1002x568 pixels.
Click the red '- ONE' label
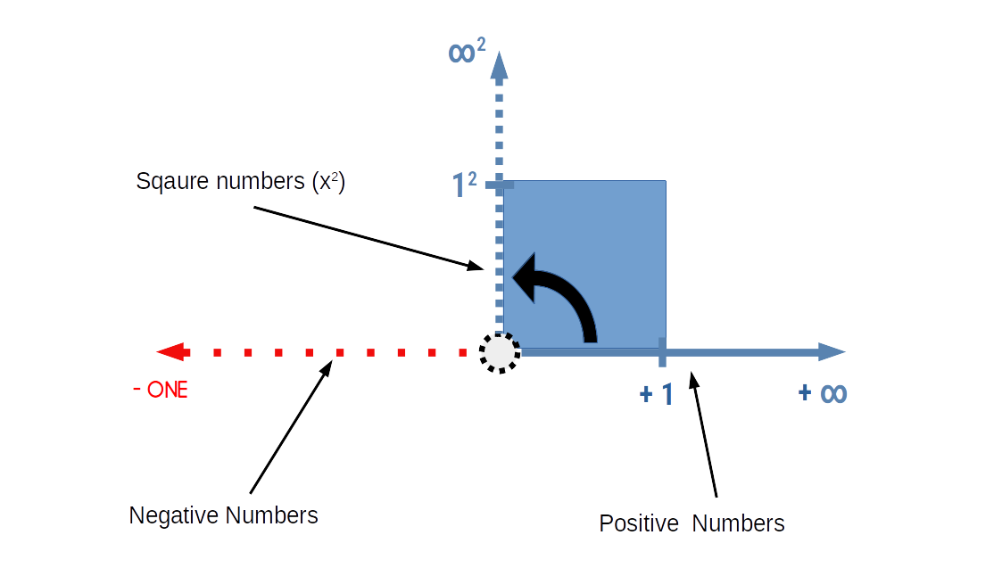pyautogui.click(x=161, y=390)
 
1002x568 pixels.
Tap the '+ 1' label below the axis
pyautogui.click(x=657, y=394)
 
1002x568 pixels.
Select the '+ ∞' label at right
pyautogui.click(x=822, y=393)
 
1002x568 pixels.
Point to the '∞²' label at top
pyautogui.click(x=467, y=53)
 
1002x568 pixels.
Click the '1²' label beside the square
pyautogui.click(x=464, y=185)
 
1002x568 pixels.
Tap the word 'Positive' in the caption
pyautogui.click(x=639, y=523)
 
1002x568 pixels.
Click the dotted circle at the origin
pyautogui.click(x=500, y=353)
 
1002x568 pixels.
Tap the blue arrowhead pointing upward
pyautogui.click(x=500, y=65)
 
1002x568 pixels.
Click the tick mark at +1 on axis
pyautogui.click(x=662, y=352)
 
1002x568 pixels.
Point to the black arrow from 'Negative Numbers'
pyautogui.click(x=291, y=425)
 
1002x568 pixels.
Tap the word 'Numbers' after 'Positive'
pyautogui.click(x=738, y=523)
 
